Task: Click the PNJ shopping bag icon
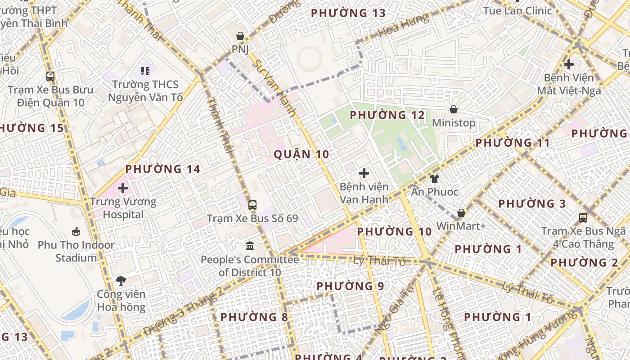240,36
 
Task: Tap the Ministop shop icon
454,109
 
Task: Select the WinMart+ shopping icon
461,213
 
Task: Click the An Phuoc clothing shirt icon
434,179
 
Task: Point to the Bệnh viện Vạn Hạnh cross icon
364,173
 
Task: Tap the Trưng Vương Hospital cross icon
122,188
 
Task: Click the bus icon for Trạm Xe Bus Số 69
252,205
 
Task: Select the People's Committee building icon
250,246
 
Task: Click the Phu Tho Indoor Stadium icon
76,232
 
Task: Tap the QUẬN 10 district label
301,154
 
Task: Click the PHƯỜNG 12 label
387,115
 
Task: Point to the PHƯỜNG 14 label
162,169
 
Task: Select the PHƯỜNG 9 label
351,286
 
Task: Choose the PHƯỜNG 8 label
254,317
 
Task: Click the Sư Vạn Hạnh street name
274,88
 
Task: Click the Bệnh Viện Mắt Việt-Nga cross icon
569,64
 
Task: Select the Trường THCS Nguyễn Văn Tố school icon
145,71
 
